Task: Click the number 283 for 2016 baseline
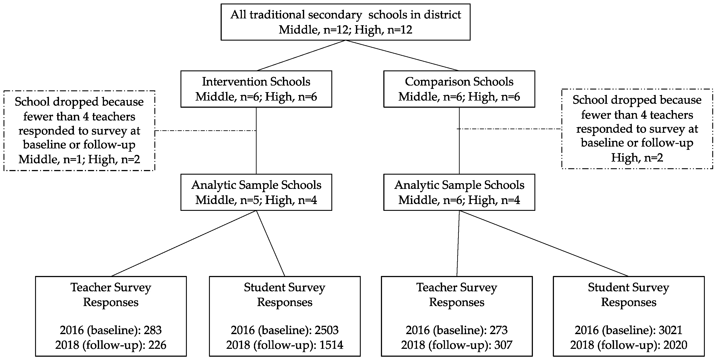click(153, 330)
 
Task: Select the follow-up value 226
click(157, 345)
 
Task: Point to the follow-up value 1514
click(331, 345)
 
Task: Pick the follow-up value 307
click(503, 345)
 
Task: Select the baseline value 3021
click(670, 330)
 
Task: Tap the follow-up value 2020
click(675, 345)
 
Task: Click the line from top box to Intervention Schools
click(302, 56)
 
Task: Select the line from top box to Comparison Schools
click(402, 56)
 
